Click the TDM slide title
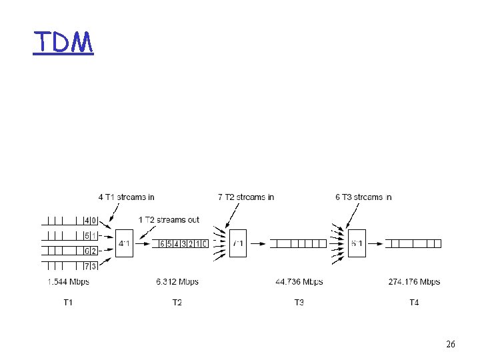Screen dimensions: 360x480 tap(63, 43)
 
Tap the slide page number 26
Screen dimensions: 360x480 tap(451, 345)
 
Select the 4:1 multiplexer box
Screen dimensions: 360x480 tap(124, 243)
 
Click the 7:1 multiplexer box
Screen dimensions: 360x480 tap(237, 243)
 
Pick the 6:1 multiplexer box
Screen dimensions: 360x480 tap(357, 243)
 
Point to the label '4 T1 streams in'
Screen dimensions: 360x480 tap(127, 197)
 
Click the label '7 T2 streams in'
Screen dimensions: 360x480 tap(246, 197)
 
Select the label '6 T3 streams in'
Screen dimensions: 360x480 tap(363, 197)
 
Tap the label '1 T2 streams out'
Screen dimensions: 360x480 tap(169, 220)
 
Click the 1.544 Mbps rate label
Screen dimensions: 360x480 tap(68, 282)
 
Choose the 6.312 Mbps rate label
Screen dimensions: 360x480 tap(177, 282)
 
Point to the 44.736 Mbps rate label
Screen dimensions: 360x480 tap(299, 282)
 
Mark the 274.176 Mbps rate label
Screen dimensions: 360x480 tap(414, 282)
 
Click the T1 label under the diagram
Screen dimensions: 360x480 tap(68, 303)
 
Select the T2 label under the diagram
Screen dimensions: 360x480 tap(177, 303)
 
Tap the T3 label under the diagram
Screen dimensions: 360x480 tap(299, 303)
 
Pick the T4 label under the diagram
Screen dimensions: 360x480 tap(414, 303)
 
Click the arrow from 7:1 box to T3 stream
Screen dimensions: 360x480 tap(257, 244)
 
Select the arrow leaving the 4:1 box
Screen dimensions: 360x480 tap(144, 244)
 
